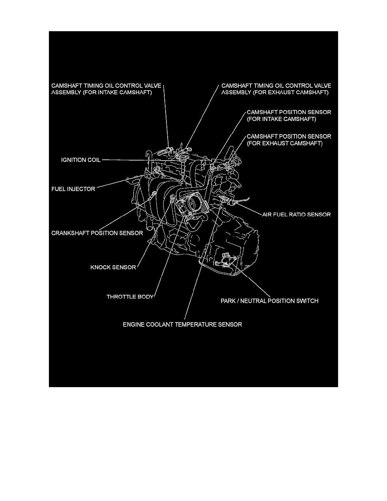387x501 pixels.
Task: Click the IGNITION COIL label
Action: (x=81, y=160)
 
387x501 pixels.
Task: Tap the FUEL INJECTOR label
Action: (x=73, y=189)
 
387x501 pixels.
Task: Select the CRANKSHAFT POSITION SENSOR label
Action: (x=97, y=233)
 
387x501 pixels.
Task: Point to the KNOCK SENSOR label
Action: (x=113, y=267)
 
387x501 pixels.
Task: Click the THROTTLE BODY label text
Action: (x=130, y=296)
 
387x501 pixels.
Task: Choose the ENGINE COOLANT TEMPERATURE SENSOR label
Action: (x=182, y=324)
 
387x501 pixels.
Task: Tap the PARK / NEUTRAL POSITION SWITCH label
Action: (x=269, y=301)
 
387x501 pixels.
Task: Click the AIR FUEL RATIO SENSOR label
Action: (x=296, y=214)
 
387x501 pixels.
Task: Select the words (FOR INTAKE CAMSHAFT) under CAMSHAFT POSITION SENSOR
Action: (x=281, y=119)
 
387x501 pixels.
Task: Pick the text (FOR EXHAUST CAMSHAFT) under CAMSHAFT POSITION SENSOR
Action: (x=285, y=143)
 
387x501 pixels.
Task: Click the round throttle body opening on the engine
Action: (x=194, y=202)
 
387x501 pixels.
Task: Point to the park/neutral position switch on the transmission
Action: (x=226, y=259)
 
